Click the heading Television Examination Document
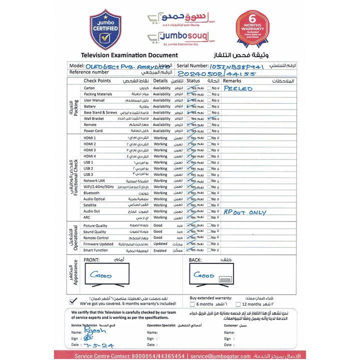122,54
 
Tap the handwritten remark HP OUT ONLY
245,212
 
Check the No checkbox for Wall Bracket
209,119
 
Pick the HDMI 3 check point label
90,150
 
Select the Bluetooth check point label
91,193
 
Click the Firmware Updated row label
98,244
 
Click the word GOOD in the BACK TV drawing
203,275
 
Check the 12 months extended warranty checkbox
238,304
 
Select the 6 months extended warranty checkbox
192,304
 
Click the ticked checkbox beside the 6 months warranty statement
73,301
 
